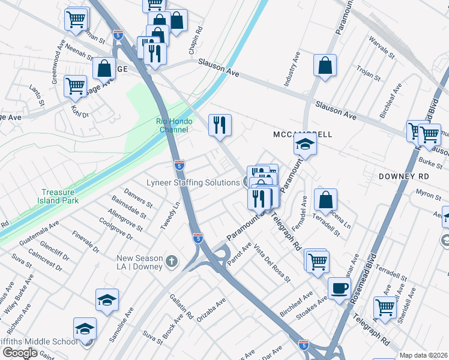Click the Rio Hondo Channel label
(172, 125)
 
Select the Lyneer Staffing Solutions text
(193, 182)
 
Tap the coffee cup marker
(340, 289)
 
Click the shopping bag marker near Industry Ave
(325, 66)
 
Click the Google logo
(20, 352)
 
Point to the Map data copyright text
(424, 355)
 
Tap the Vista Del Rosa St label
(272, 264)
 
